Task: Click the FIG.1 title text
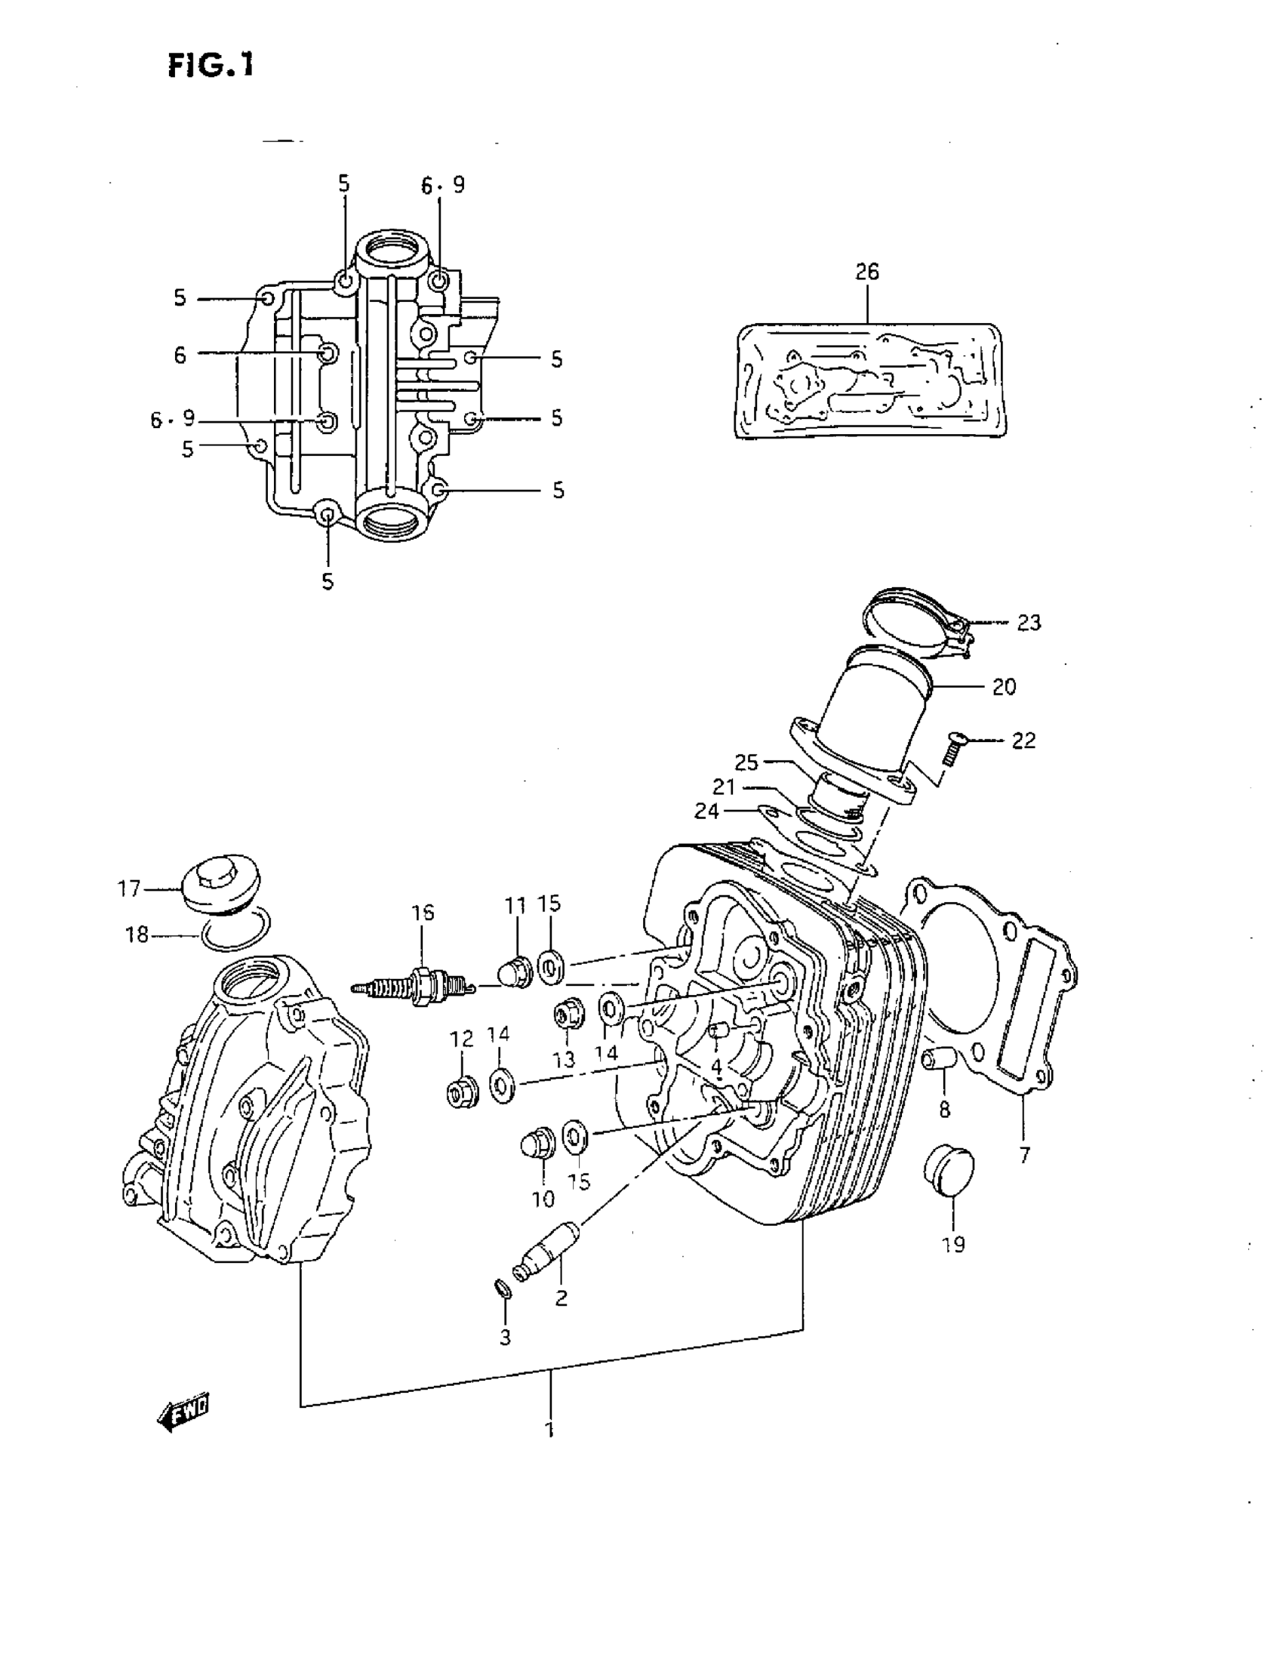(x=211, y=66)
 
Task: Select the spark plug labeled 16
(x=416, y=987)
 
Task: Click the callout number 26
(x=866, y=273)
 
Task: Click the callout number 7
(x=1023, y=1155)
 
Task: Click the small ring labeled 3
(x=503, y=1289)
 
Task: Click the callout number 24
(x=706, y=811)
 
